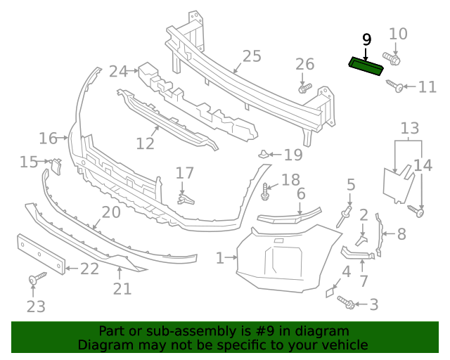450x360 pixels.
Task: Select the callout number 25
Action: click(x=251, y=57)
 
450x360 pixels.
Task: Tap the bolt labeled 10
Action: click(x=391, y=59)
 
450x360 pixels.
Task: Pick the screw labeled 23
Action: click(x=34, y=281)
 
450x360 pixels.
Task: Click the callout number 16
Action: click(x=48, y=138)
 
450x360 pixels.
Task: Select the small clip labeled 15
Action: click(x=56, y=165)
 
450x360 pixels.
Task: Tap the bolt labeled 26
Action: click(x=304, y=89)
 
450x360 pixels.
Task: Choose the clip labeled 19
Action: click(x=264, y=154)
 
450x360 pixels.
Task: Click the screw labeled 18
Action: click(x=266, y=190)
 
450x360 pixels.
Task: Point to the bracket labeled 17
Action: click(x=184, y=198)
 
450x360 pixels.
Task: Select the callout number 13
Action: click(x=410, y=128)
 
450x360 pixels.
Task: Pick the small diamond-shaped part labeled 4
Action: click(x=330, y=291)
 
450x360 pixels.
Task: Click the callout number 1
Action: click(x=219, y=259)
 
